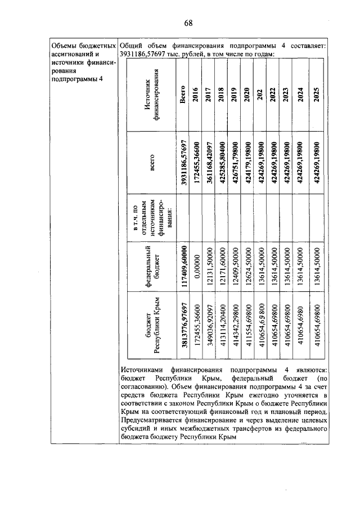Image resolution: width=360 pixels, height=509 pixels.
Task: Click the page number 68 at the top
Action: tap(188, 23)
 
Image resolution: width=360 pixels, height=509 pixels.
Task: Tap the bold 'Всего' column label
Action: tap(182, 94)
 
